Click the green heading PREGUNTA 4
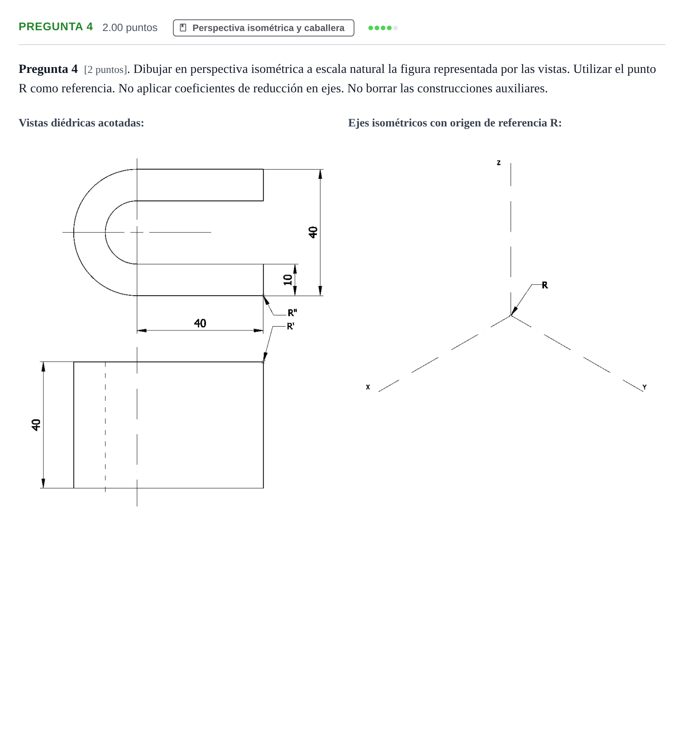(56, 27)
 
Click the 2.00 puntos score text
(130, 28)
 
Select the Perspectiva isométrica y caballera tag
(263, 28)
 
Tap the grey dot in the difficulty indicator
(396, 28)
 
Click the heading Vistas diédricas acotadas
(81, 123)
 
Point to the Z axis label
(499, 163)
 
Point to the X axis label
(368, 387)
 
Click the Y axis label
(644, 387)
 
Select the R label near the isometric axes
(545, 285)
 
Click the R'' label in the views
(292, 313)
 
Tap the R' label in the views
(291, 326)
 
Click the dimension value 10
(288, 280)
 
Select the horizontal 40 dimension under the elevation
(200, 323)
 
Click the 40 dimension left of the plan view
(36, 425)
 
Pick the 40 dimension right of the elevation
(313, 232)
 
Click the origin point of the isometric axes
(511, 316)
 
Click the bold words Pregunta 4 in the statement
(48, 69)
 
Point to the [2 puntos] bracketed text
(105, 70)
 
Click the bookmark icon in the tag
(183, 28)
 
